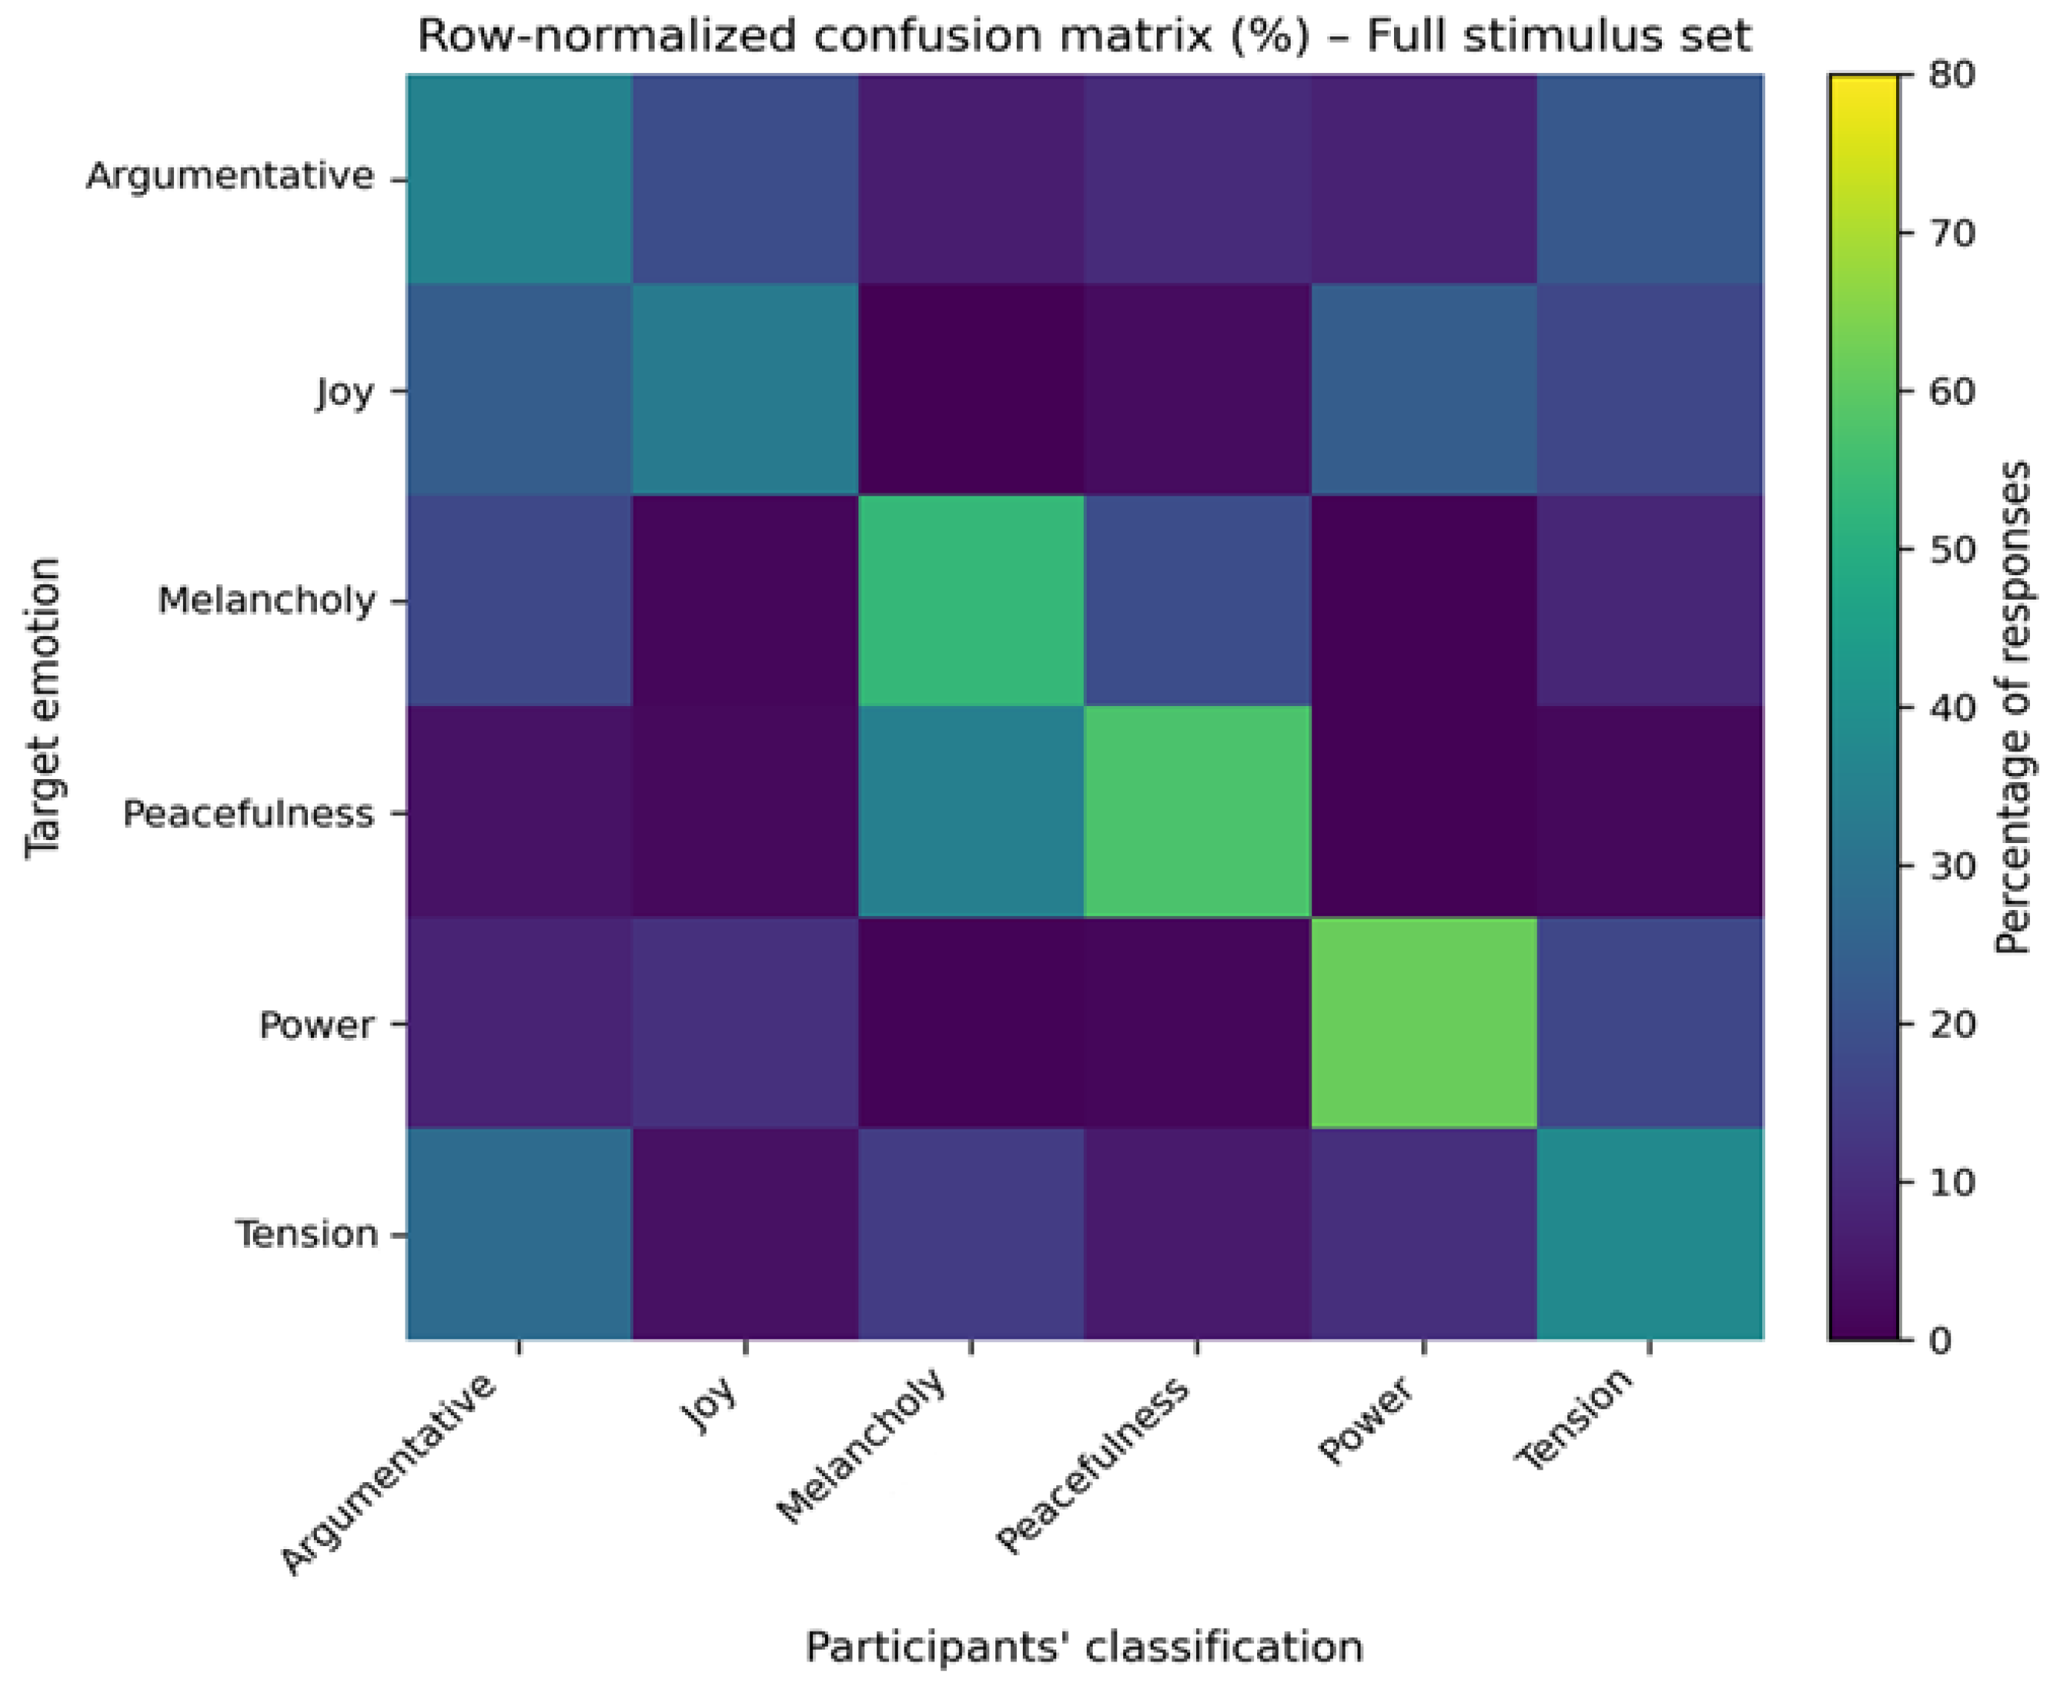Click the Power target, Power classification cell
[x=1424, y=1022]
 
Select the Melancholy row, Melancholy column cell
[x=971, y=600]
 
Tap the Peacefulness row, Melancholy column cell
[x=971, y=812]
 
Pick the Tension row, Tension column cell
[x=1650, y=1234]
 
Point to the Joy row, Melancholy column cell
[x=971, y=389]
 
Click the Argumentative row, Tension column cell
[x=1650, y=178]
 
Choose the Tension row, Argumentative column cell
[x=518, y=1234]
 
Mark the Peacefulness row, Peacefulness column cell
[x=1198, y=812]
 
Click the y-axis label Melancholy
[x=266, y=601]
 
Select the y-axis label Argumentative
[x=230, y=177]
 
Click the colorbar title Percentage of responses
[x=2011, y=708]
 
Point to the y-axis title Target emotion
[x=44, y=708]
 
